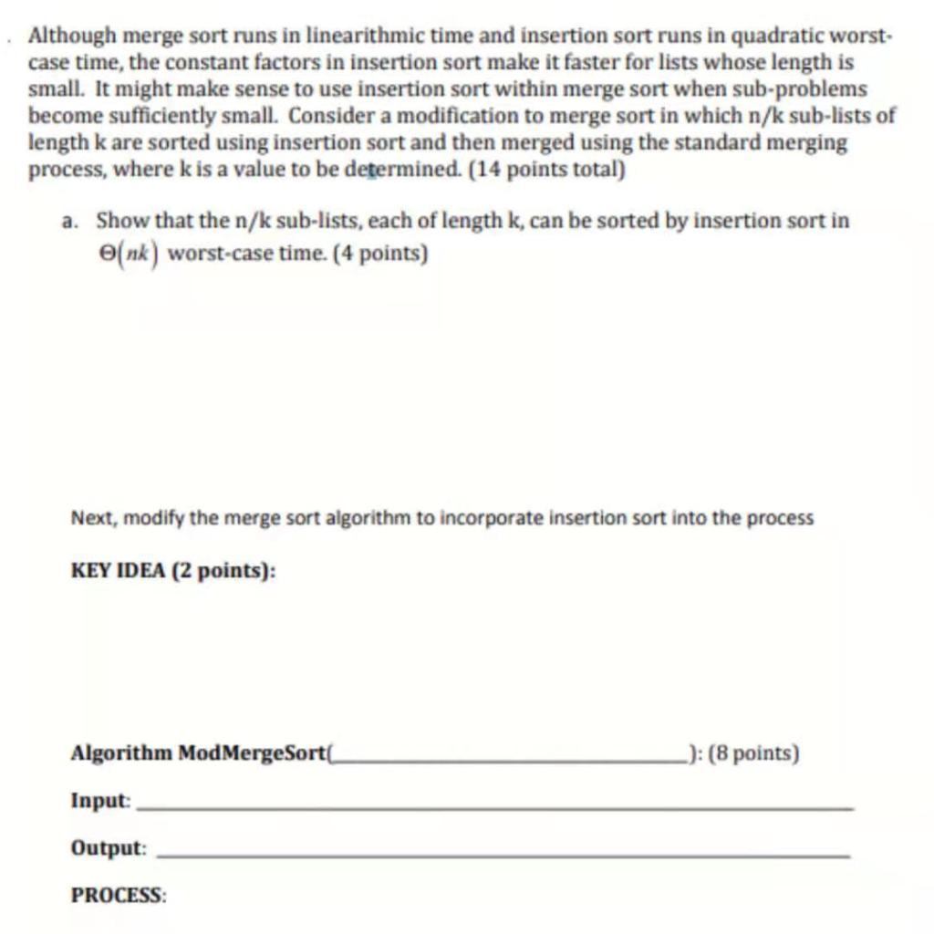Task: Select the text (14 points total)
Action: coord(546,171)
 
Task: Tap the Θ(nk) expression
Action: coord(128,253)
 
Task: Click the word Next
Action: coord(90,518)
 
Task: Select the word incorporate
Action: coord(482,518)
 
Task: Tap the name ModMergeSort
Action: coord(252,754)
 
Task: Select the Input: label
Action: coord(101,801)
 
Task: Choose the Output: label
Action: coord(109,848)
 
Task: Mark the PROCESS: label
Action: coord(119,895)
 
